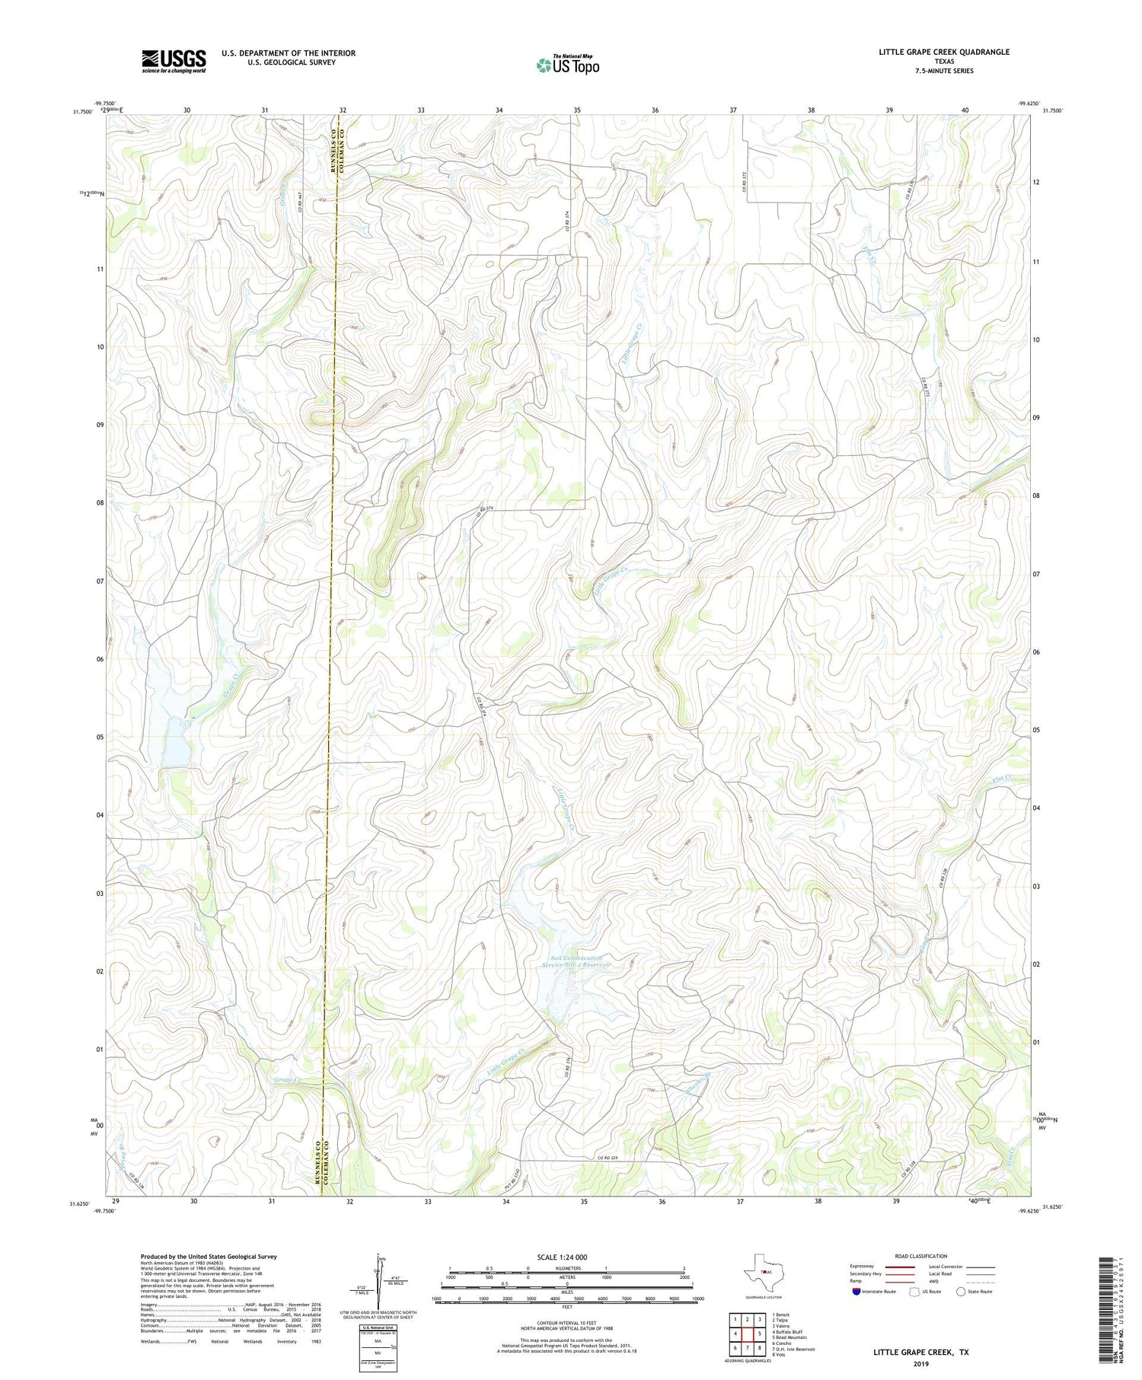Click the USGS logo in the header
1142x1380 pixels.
(x=174, y=61)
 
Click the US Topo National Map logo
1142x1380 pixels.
(x=567, y=65)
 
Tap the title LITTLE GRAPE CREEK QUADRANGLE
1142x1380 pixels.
(x=944, y=52)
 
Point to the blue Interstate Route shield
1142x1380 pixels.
(x=856, y=1292)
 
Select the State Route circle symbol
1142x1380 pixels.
(x=961, y=1292)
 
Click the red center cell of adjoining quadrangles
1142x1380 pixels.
(x=748, y=1334)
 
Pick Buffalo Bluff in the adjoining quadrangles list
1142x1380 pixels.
(x=787, y=1332)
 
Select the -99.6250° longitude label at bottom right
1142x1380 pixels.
(x=1028, y=1211)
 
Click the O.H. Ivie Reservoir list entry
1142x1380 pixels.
(x=793, y=1349)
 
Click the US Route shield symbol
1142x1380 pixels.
(x=914, y=1292)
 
